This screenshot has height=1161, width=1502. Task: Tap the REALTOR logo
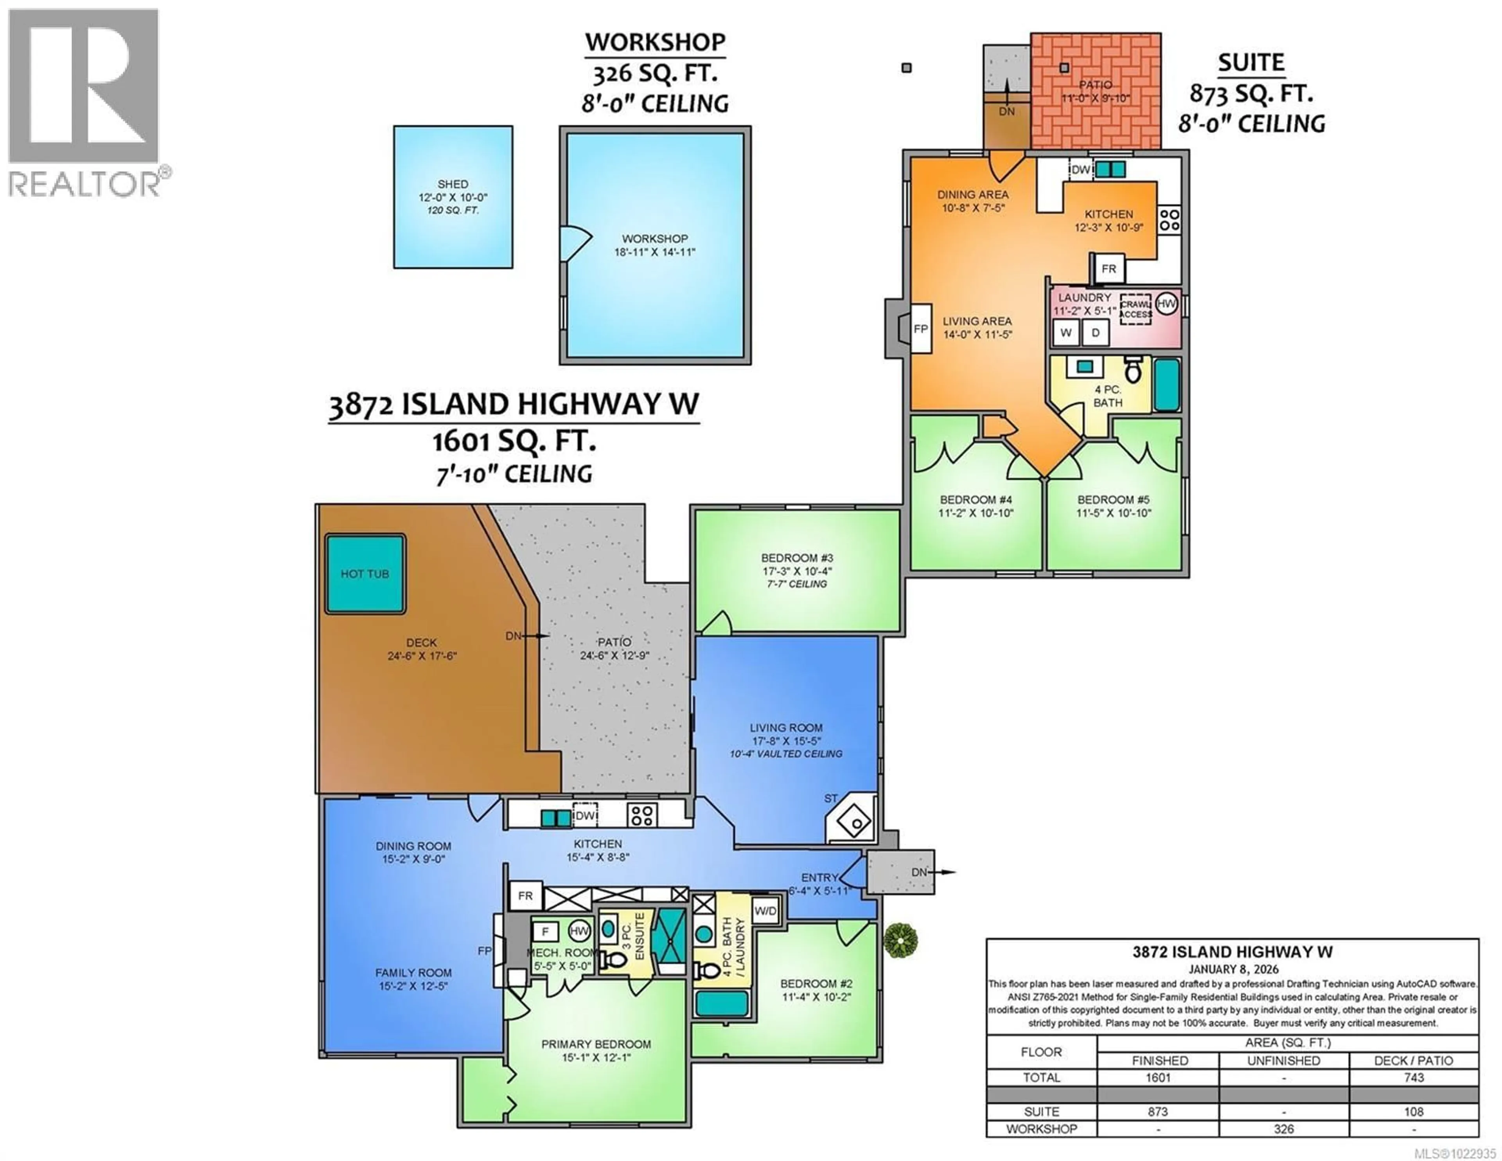coord(84,103)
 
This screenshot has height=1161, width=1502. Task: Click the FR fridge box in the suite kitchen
coord(1108,268)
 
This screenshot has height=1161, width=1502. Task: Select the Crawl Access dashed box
coord(1135,310)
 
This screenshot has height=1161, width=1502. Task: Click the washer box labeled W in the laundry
coord(1066,333)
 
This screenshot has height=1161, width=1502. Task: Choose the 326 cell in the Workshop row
coord(1283,1129)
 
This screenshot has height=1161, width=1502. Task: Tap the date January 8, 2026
coord(1233,969)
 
